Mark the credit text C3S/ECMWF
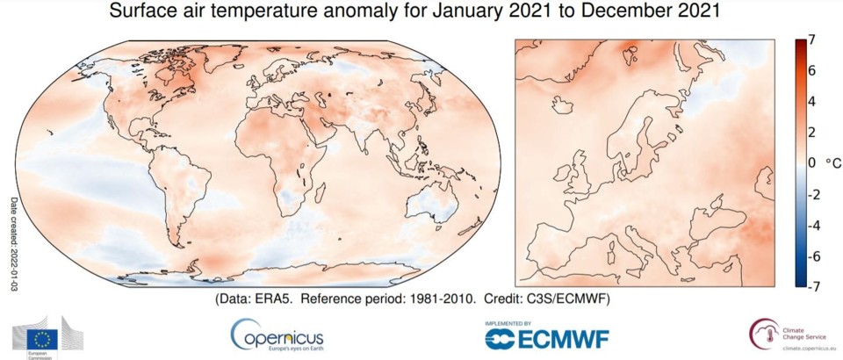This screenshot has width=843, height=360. click(x=583, y=299)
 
